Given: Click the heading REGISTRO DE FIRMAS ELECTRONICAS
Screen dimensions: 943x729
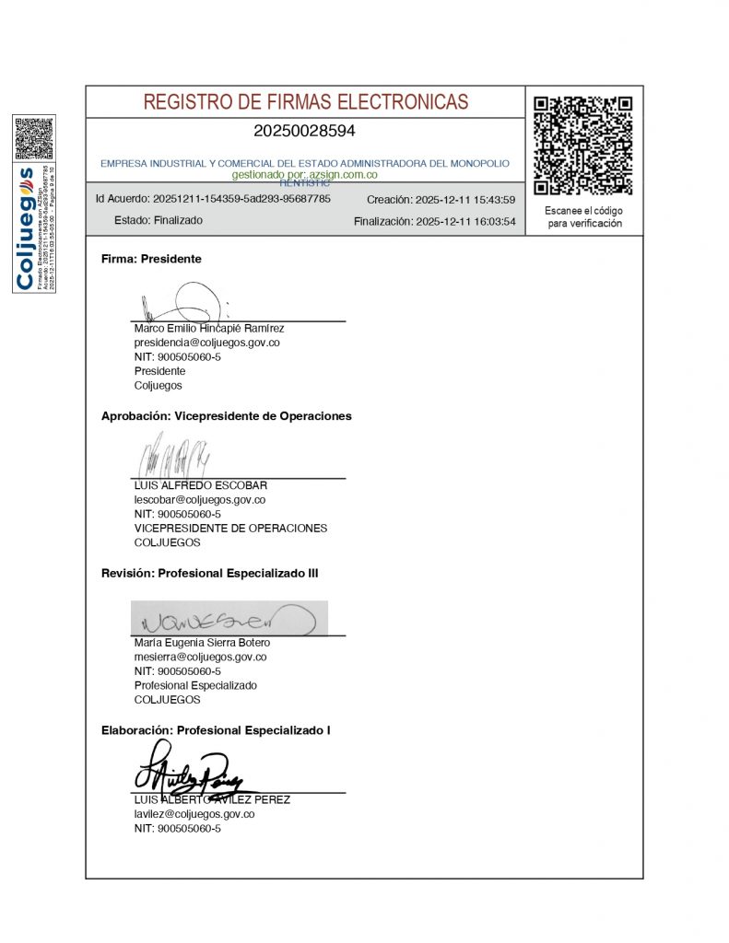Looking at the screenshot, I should pos(305,102).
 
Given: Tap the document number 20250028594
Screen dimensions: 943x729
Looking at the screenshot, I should pos(304,131).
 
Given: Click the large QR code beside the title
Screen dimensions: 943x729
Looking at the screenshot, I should pos(583,145).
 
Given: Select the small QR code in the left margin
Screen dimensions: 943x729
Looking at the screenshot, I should pos(34,138).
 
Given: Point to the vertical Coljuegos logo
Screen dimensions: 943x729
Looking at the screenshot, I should pos(26,227).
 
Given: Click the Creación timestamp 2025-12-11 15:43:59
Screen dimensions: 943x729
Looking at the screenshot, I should pos(441,200).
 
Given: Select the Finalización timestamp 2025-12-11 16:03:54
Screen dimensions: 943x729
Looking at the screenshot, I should pos(434,222).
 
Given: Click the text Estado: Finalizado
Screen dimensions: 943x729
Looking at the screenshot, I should pos(158,221).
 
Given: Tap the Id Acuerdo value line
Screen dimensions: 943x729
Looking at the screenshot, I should pos(213,199).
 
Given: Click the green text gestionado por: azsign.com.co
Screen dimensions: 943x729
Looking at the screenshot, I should pos(304,173).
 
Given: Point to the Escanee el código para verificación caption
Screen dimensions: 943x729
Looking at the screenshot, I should pos(584,217).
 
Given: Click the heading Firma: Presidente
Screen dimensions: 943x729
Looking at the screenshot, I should pos(151,260).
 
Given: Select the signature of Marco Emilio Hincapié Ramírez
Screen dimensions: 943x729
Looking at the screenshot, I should pos(184,302).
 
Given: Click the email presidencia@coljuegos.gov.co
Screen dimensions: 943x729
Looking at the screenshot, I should pos(206,343).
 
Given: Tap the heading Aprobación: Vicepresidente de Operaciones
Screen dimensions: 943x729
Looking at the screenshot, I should pos(226,416).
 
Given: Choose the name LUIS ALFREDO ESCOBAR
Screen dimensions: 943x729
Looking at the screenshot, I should pos(201,485).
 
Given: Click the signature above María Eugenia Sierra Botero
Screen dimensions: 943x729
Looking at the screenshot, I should pos(229,619).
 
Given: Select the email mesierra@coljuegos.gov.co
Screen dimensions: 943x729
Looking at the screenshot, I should pos(200,657).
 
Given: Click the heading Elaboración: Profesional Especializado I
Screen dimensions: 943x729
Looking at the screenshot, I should pos(216,730).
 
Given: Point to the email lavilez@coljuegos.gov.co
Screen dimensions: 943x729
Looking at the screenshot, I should pos(194,814).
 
